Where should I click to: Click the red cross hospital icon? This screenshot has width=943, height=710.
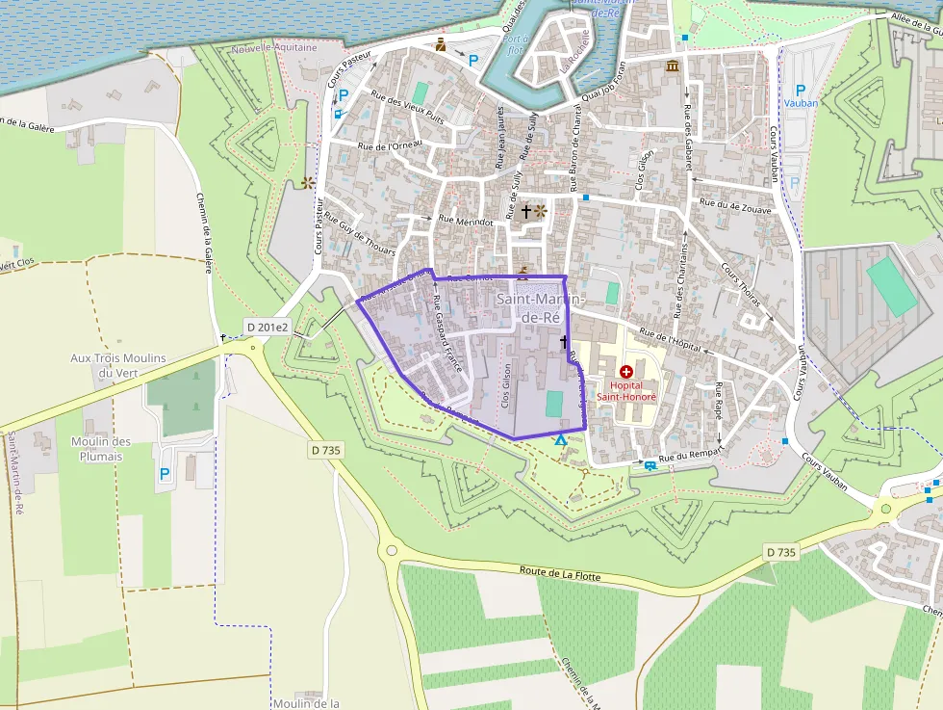coord(626,371)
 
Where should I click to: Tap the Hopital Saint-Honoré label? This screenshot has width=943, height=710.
coord(626,391)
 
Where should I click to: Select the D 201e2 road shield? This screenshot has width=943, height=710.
coord(266,327)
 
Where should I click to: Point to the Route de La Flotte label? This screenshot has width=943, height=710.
coord(559,575)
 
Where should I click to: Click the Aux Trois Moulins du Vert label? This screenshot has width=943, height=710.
coord(118,365)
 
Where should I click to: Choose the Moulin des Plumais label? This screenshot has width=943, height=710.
coord(101,448)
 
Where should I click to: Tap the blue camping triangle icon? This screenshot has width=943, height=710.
coord(561,440)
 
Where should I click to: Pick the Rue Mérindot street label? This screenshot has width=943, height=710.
coord(466,220)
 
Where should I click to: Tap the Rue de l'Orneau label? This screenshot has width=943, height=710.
coord(390,146)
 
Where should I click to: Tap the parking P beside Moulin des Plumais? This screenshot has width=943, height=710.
coord(165,474)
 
